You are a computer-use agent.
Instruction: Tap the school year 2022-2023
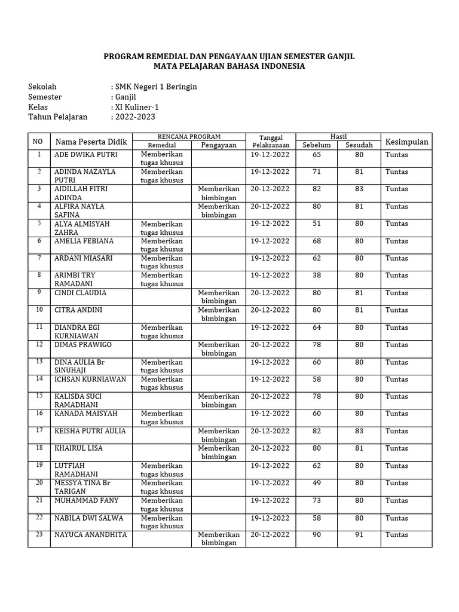[x=134, y=117]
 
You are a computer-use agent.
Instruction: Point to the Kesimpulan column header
[x=406, y=142]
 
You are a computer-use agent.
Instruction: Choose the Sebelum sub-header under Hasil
[x=316, y=145]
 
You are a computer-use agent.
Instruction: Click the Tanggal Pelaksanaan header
[x=270, y=141]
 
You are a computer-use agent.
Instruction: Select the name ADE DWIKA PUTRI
[x=86, y=154]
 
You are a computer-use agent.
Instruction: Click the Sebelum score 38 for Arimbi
[x=316, y=276]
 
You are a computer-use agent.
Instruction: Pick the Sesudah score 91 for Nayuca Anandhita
[x=359, y=535]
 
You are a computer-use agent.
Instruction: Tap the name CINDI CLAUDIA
[x=81, y=293]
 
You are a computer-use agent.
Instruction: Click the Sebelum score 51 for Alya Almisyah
[x=316, y=224]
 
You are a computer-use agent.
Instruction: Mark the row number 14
[x=39, y=379]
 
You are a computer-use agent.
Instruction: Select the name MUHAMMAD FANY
[x=87, y=500]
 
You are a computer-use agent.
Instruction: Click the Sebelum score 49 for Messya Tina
[x=316, y=483]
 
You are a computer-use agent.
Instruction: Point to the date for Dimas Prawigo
[x=270, y=345]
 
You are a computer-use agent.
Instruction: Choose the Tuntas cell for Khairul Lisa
[x=397, y=448]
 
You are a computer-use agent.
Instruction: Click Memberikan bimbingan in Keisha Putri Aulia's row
[x=219, y=435]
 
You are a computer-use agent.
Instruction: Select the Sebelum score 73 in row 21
[x=316, y=500]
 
